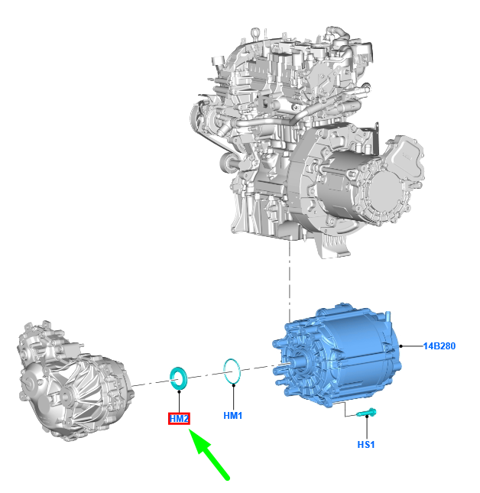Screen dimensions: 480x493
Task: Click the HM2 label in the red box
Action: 179,419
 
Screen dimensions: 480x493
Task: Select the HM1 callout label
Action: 233,416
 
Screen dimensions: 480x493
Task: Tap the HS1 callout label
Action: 366,445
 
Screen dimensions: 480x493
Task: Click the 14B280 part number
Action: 439,346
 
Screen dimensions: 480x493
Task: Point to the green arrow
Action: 209,454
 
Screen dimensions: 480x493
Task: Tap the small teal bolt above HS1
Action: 366,413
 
